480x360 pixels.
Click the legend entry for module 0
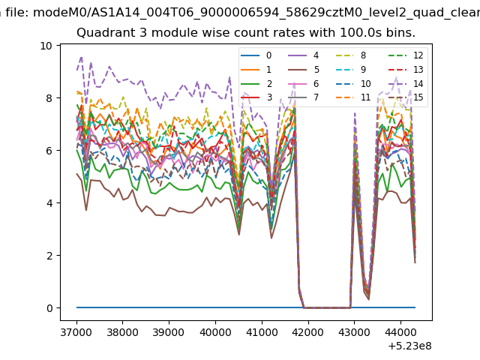(x=256, y=55)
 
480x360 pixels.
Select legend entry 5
(x=304, y=70)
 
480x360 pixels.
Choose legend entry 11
(x=352, y=97)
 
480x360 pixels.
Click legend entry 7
(x=304, y=97)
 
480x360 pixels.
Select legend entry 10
(x=352, y=83)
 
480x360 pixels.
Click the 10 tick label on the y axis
(x=46, y=46)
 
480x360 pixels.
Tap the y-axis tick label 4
(x=49, y=203)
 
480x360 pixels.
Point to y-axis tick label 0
(x=49, y=308)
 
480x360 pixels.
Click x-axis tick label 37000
(x=76, y=332)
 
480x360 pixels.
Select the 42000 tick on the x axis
(x=307, y=332)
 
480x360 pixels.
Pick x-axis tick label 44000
(x=400, y=332)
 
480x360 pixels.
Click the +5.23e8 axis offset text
(x=410, y=346)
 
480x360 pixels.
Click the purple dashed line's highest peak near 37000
(x=81, y=57)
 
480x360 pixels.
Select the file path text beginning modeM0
(x=256, y=13)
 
